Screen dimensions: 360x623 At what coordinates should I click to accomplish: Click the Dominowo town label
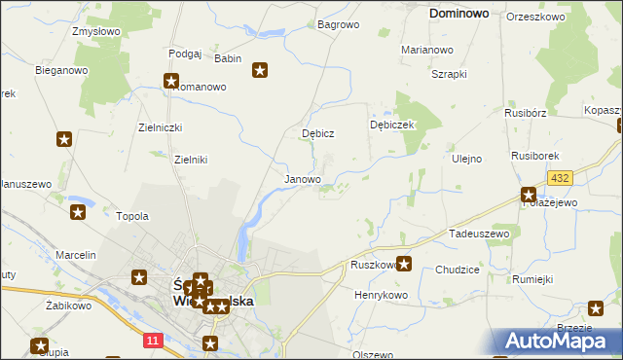pyautogui.click(x=459, y=15)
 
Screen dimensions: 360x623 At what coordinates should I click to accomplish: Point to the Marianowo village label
pyautogui.click(x=427, y=50)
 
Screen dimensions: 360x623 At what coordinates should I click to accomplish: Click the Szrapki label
pyautogui.click(x=450, y=74)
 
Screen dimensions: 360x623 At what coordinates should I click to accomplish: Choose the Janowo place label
pyautogui.click(x=302, y=180)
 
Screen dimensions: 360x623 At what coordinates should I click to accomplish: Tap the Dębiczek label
pyautogui.click(x=393, y=125)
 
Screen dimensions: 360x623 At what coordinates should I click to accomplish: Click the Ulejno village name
pyautogui.click(x=467, y=159)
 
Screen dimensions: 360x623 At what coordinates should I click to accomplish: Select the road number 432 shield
pyautogui.click(x=560, y=178)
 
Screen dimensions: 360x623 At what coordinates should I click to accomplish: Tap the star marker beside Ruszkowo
pyautogui.click(x=404, y=263)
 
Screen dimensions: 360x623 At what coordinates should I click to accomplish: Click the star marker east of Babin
pyautogui.click(x=260, y=69)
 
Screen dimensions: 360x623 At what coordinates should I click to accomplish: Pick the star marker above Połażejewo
pyautogui.click(x=529, y=195)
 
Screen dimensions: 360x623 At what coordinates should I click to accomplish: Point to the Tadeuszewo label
pyautogui.click(x=479, y=234)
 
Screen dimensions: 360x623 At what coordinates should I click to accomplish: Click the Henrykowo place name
pyautogui.click(x=381, y=294)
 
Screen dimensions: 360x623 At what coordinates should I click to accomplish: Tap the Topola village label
pyautogui.click(x=132, y=216)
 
